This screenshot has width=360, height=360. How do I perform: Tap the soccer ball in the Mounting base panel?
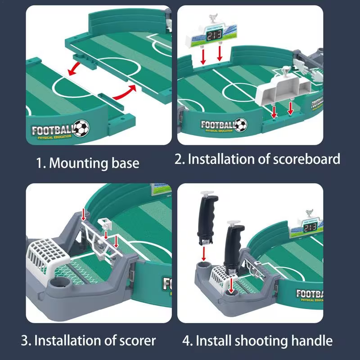81,128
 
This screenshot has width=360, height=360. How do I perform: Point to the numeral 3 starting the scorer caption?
25,340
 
